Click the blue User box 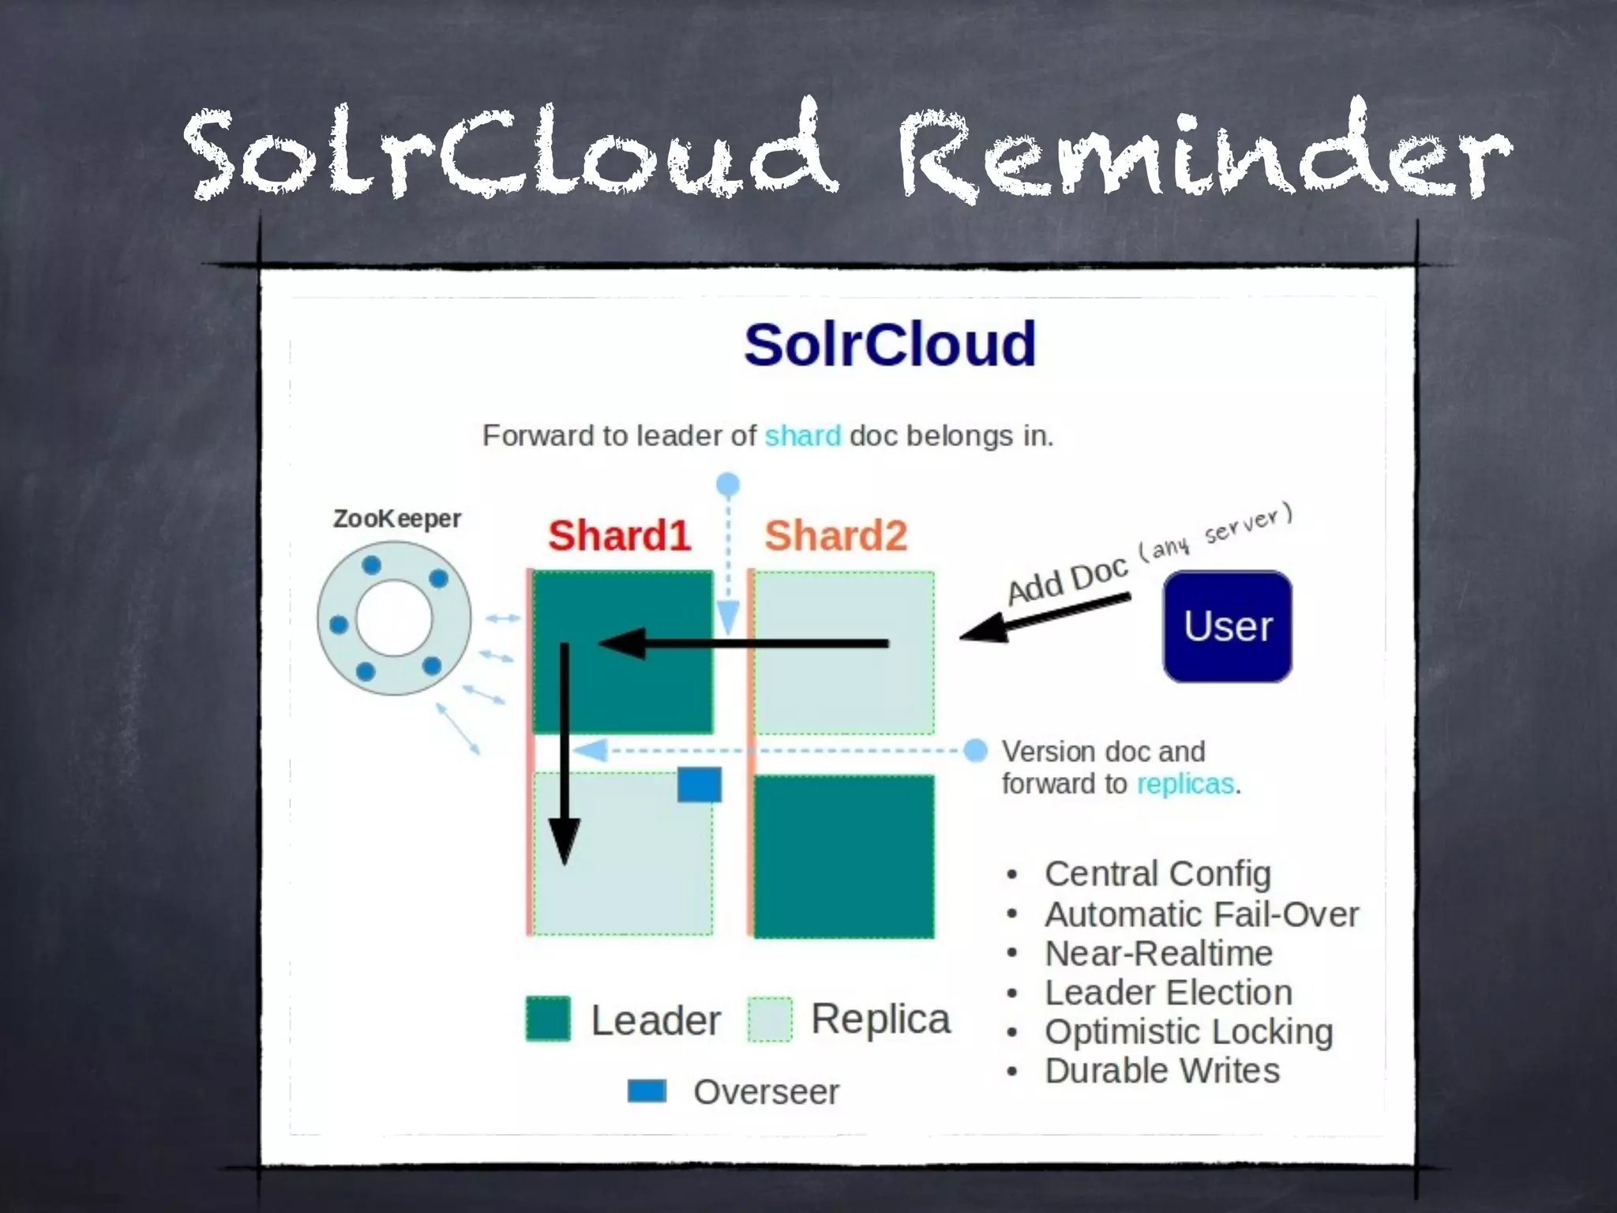1227,626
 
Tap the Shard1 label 619,535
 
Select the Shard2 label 835,535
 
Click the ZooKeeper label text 396,519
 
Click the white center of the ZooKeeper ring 394,618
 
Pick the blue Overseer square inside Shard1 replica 699,785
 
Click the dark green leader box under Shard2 843,857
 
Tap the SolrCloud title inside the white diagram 889,344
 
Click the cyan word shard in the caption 802,436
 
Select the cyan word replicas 1184,784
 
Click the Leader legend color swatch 548,1019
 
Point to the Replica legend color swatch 769,1020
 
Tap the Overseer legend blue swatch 647,1091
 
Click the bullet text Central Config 1157,873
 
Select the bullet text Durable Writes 1161,1071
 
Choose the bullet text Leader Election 1168,993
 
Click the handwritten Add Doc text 1067,580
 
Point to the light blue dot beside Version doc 976,750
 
